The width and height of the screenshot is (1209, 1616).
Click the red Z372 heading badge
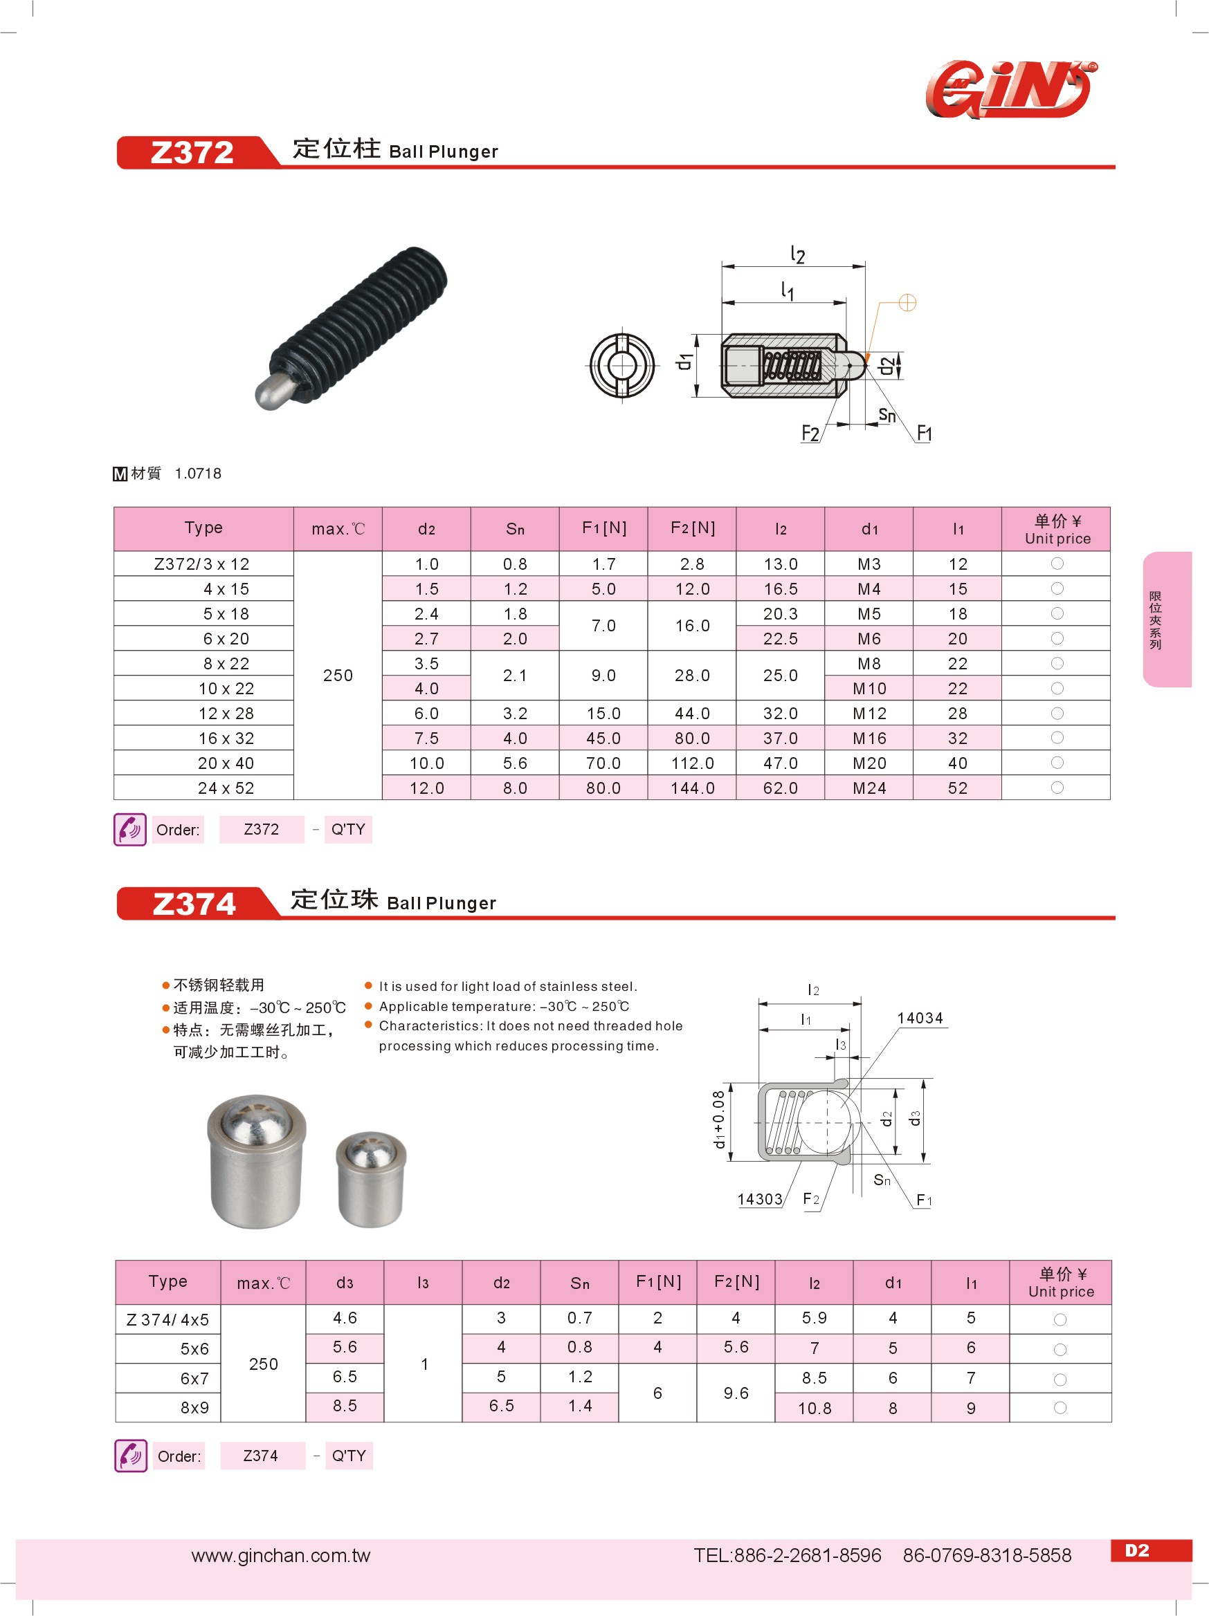point(192,153)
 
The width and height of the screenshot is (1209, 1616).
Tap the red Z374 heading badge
point(194,904)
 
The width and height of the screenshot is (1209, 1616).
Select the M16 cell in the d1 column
point(869,739)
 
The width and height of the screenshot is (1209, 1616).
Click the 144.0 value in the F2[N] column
point(692,788)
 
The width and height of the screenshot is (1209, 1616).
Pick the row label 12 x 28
point(225,714)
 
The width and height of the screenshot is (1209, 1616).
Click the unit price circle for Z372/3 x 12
point(1057,564)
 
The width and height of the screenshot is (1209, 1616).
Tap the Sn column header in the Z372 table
point(516,529)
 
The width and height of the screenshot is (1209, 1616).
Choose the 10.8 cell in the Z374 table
point(815,1409)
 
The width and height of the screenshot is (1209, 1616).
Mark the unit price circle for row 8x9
point(1060,1408)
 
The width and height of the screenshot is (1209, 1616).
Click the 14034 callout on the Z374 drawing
point(920,1019)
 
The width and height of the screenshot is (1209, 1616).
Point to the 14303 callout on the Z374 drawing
point(759,1200)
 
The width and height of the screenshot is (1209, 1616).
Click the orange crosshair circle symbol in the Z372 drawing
point(907,302)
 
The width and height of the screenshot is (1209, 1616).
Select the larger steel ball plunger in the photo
point(256,1161)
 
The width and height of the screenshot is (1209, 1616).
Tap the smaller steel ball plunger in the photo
point(371,1178)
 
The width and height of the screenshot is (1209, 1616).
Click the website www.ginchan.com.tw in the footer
point(281,1555)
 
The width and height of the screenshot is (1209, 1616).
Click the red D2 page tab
point(1137,1550)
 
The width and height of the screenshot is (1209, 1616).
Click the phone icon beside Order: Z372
point(130,830)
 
